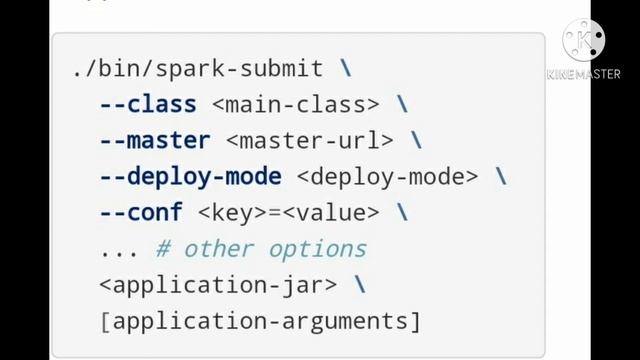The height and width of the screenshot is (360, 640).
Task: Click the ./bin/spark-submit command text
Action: [197, 69]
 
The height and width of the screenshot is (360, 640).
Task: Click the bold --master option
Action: [154, 141]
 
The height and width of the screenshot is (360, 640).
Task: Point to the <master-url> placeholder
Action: [310, 141]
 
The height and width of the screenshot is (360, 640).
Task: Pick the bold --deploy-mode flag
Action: [190, 177]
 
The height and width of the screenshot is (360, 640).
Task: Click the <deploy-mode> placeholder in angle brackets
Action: [388, 177]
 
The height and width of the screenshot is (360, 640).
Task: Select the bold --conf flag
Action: [140, 213]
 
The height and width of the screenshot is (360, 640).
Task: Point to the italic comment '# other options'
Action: [261, 249]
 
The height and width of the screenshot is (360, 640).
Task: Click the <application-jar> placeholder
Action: [218, 285]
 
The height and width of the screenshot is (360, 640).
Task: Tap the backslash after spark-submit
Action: [346, 69]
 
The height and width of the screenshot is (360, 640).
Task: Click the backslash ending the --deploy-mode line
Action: [501, 177]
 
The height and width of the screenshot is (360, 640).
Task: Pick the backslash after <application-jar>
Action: [359, 285]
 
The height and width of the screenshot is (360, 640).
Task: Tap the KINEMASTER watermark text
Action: [584, 73]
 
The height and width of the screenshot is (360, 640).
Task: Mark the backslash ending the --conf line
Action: [402, 213]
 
